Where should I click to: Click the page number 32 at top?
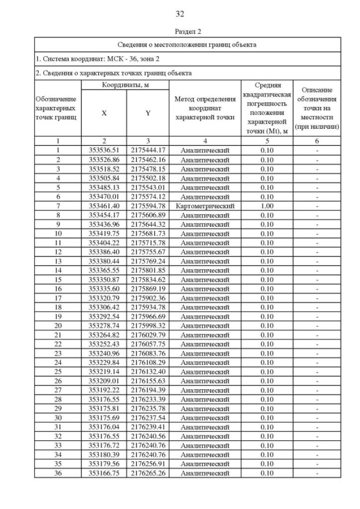180,13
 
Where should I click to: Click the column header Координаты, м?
125,84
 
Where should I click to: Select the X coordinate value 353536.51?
104,150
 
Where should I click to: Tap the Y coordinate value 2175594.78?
147,206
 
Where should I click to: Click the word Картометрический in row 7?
205,206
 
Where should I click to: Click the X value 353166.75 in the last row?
104,474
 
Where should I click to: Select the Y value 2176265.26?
147,474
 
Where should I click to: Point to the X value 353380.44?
104,261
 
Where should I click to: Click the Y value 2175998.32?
147,326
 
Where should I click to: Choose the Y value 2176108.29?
147,363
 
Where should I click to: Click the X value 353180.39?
104,455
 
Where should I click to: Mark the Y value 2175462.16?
147,160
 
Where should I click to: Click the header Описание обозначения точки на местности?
317,108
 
